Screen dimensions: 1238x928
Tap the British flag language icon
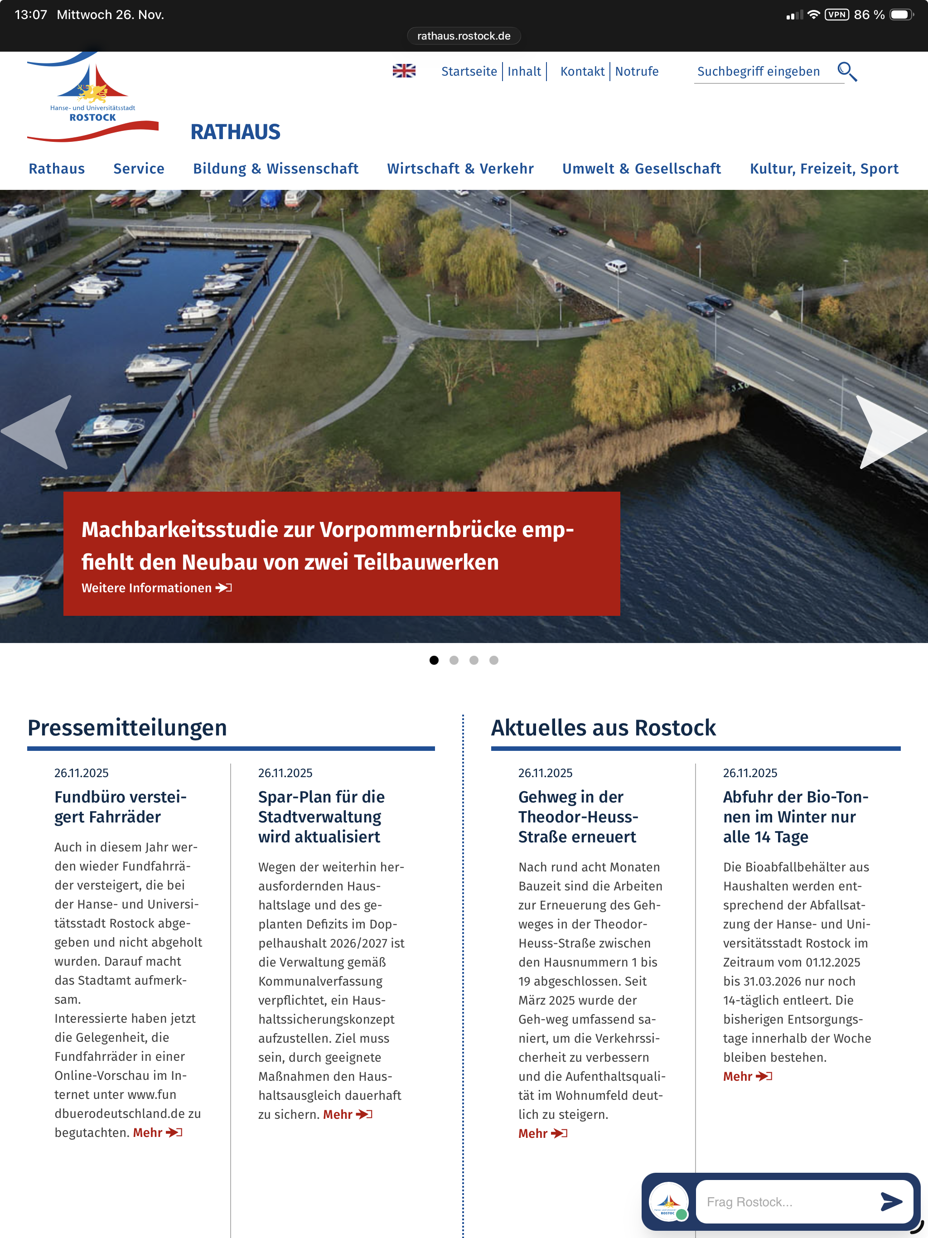404,71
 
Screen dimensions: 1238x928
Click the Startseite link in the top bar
469,72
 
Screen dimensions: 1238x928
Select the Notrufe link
636,72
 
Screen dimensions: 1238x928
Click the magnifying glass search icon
846,72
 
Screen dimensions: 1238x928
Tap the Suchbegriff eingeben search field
759,72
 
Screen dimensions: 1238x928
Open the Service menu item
139,169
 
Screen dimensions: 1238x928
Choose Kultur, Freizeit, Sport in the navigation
823,169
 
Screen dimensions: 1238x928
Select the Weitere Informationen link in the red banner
156,588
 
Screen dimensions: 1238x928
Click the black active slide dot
434,660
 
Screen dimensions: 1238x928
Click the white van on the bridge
616,266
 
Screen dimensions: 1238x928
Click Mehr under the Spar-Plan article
347,1114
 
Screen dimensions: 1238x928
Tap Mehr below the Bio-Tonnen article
747,1076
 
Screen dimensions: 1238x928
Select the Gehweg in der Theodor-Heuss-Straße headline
578,817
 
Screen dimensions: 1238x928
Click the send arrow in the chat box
890,1202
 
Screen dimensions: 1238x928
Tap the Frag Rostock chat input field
783,1202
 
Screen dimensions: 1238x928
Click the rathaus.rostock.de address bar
464,36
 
